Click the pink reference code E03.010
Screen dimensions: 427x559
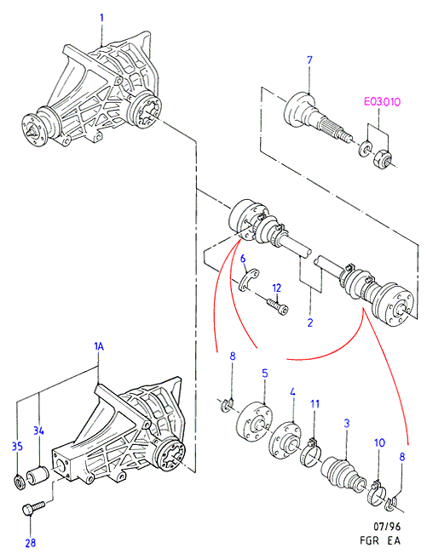tap(382, 102)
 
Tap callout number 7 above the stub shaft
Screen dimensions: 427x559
tap(309, 60)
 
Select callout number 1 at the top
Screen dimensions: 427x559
tap(101, 18)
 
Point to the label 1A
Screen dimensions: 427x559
tap(99, 346)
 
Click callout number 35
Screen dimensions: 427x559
tap(18, 446)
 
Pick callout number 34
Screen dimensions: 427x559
tap(38, 431)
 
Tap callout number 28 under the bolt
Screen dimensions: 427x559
tap(31, 543)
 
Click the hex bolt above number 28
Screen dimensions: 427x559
tap(33, 508)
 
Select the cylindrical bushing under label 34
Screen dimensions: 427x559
tap(38, 476)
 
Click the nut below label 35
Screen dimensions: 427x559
tap(19, 482)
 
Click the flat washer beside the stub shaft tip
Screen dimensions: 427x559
tap(365, 148)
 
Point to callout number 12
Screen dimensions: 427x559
tap(276, 288)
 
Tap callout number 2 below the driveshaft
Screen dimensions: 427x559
tap(310, 322)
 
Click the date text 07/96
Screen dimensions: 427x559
tap(387, 527)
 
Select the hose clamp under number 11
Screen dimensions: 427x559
tap(311, 453)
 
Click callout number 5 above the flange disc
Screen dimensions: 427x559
tap(264, 374)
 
